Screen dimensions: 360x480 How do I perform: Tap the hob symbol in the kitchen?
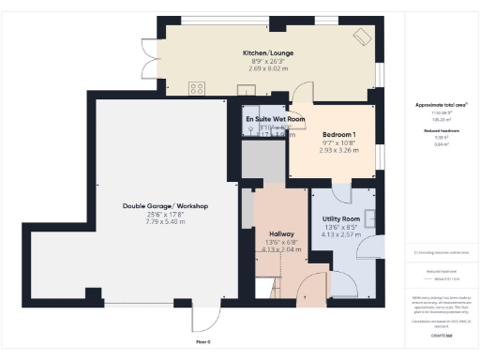click(198, 88)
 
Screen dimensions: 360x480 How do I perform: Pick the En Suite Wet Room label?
click(276, 120)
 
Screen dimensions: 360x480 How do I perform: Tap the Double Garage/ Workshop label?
click(165, 206)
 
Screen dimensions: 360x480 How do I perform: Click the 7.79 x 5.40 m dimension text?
click(165, 222)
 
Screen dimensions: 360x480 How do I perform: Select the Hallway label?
click(281, 233)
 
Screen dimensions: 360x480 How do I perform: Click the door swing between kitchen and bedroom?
click(302, 93)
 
